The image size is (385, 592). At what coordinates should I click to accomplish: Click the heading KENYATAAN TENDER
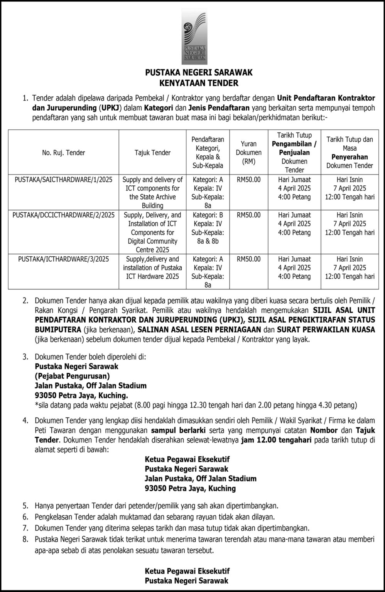[x=199, y=82]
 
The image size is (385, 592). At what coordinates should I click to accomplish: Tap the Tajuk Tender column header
[x=152, y=153]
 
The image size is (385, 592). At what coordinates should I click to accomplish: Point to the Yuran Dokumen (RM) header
[x=248, y=153]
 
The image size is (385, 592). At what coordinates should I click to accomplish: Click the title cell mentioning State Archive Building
[x=152, y=192]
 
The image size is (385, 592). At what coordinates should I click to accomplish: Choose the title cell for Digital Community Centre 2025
[x=152, y=232]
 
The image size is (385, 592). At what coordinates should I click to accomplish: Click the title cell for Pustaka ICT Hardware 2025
[x=152, y=267]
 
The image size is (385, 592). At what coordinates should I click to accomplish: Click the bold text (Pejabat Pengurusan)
[x=72, y=376]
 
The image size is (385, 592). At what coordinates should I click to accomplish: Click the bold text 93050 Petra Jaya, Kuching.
[x=81, y=395]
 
